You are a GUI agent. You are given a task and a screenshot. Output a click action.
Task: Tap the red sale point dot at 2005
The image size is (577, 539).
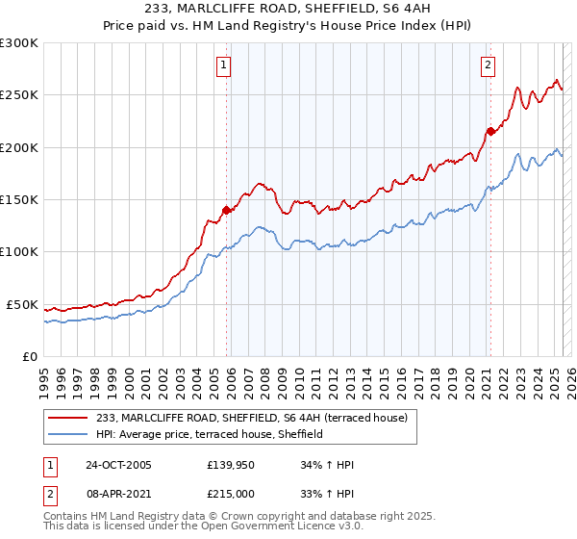click(x=227, y=210)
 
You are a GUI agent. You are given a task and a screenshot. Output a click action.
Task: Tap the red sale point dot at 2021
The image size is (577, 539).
click(x=489, y=132)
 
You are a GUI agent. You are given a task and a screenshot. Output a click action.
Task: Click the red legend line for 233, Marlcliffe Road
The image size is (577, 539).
click(x=68, y=418)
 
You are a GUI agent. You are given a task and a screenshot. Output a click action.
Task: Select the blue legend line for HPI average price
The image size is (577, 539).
click(x=68, y=434)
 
